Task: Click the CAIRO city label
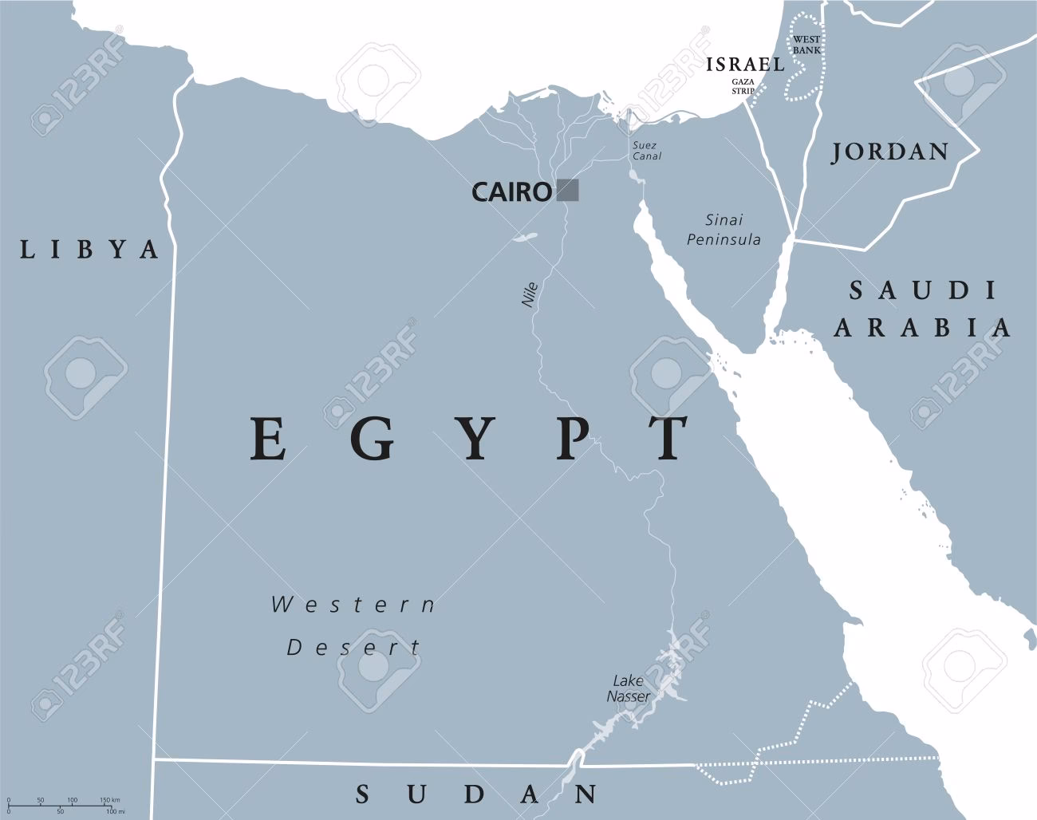(x=511, y=191)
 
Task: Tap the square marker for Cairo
(x=568, y=190)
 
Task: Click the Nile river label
(x=529, y=294)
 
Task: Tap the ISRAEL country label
(x=746, y=65)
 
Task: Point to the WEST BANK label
(x=806, y=45)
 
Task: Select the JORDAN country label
(x=890, y=152)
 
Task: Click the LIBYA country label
(x=89, y=250)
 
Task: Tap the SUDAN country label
(x=476, y=794)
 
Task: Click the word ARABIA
(x=923, y=327)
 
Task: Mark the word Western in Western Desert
(x=353, y=605)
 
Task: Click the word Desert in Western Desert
(x=353, y=647)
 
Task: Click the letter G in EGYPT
(x=372, y=439)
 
